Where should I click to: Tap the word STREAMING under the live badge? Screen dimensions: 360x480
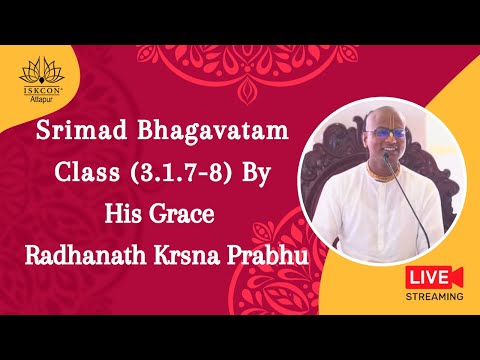coord(435,296)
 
